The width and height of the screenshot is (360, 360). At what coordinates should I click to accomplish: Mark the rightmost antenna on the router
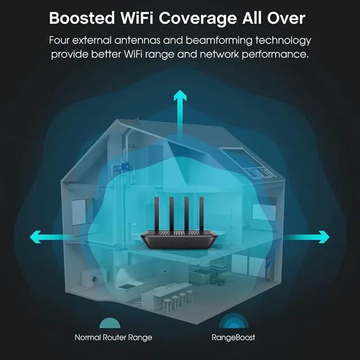[199, 214]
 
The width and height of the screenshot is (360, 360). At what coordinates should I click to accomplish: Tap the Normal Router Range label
[113, 337]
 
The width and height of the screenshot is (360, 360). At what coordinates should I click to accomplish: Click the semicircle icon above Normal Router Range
[110, 323]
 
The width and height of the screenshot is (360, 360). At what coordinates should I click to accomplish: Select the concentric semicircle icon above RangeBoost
[231, 321]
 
